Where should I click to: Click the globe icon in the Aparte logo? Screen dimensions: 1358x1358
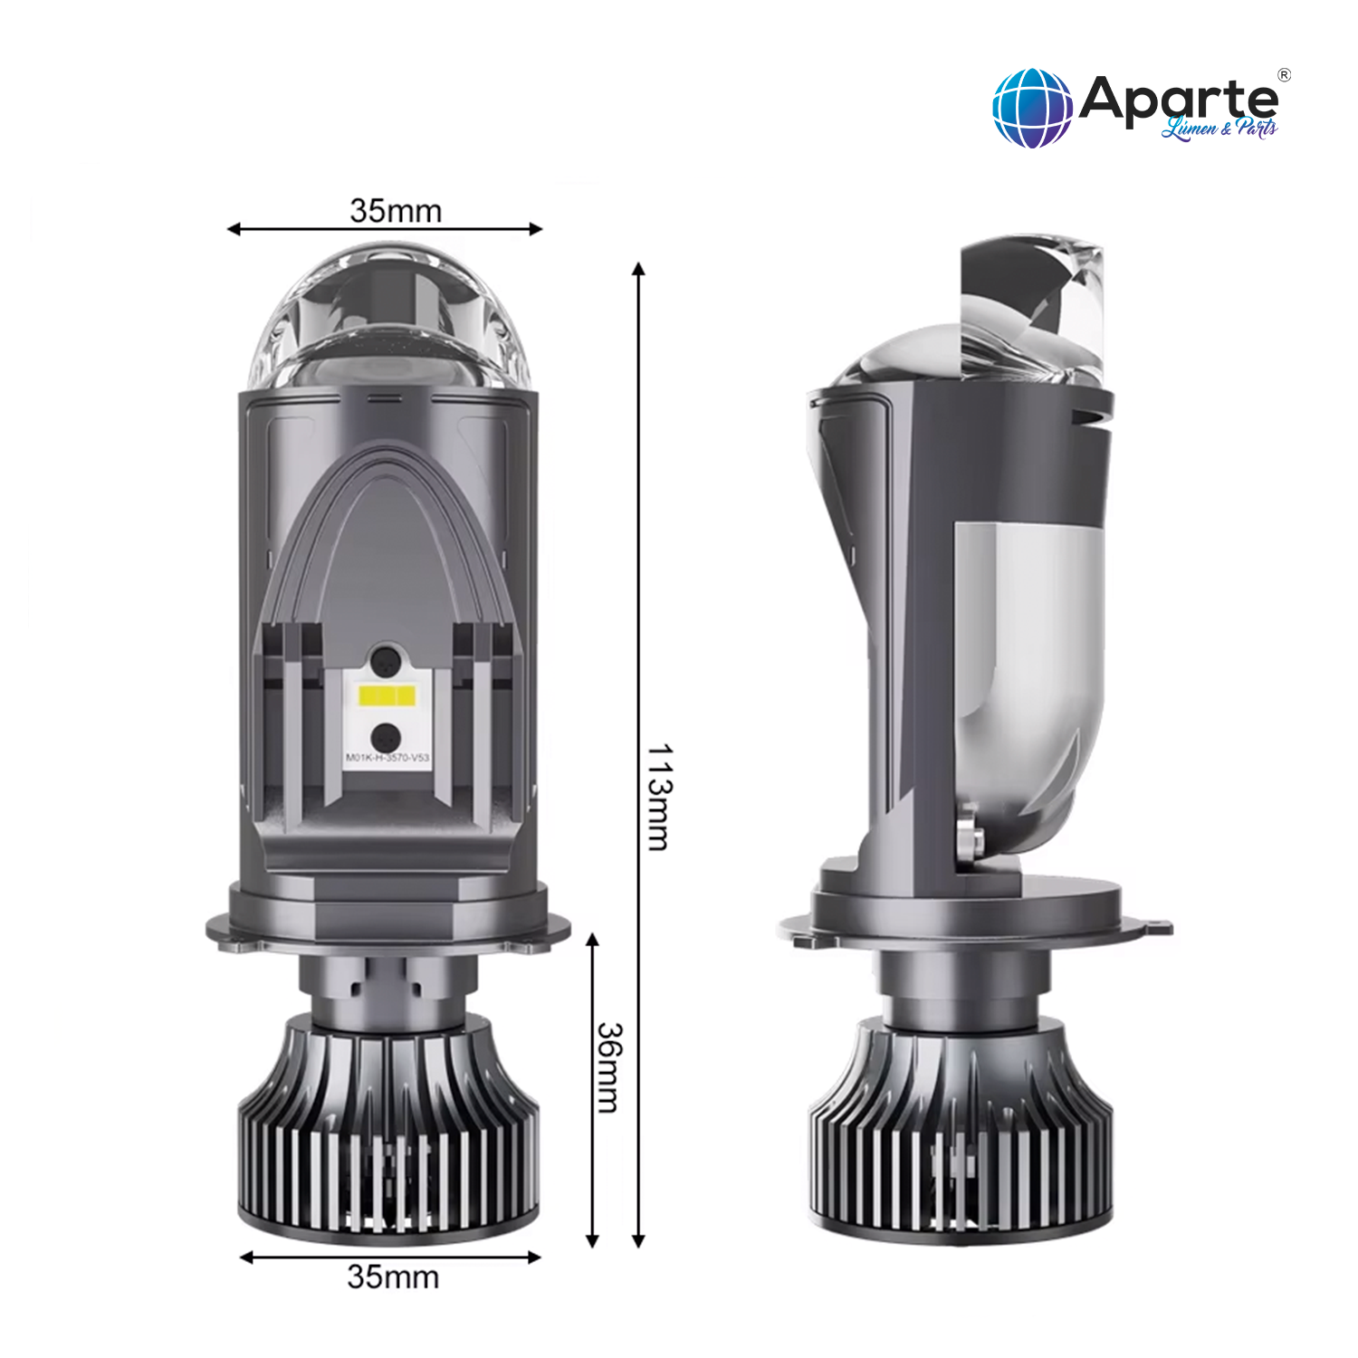pyautogui.click(x=1032, y=108)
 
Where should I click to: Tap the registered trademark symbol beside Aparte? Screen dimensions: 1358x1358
pyautogui.click(x=1284, y=74)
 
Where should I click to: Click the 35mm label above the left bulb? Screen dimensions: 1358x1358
pyautogui.click(x=396, y=211)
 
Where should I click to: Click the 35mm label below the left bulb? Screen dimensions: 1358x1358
pyautogui.click(x=393, y=1277)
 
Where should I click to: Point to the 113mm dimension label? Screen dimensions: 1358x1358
pyautogui.click(x=660, y=798)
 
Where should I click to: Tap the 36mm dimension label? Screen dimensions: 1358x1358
pyautogui.click(x=610, y=1068)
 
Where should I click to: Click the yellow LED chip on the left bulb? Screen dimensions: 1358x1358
pyautogui.click(x=387, y=696)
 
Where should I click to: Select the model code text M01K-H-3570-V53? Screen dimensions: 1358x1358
pyautogui.click(x=387, y=758)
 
